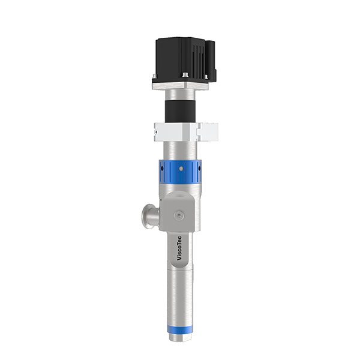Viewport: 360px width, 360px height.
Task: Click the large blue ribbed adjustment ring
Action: pos(181,172)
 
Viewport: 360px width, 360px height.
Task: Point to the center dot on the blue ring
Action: pos(181,172)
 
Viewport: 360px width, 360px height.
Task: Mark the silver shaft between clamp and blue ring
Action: pos(180,148)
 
